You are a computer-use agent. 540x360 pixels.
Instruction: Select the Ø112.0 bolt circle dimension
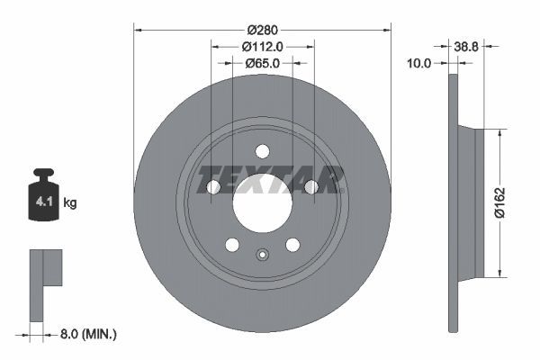[x=263, y=47]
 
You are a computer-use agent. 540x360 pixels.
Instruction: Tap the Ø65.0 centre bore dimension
[x=263, y=64]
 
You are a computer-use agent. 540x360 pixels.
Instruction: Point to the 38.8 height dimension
[x=467, y=44]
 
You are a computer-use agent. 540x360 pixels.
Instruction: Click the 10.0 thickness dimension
[x=420, y=64]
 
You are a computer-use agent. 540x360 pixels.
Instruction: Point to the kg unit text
[x=70, y=203]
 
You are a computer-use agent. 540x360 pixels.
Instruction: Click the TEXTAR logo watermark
[x=271, y=179]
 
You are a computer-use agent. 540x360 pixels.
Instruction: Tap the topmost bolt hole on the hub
[x=262, y=150]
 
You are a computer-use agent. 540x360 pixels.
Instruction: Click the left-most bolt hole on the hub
[x=213, y=186]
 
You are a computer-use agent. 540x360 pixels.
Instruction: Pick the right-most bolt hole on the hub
[x=310, y=186]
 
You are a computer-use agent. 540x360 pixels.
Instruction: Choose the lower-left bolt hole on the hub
[x=232, y=244]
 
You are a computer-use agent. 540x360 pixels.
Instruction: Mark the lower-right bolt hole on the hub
[x=292, y=244]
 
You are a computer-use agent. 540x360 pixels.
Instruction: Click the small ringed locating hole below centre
[x=262, y=254]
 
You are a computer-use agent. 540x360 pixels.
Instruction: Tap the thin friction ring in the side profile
[x=453, y=202]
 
